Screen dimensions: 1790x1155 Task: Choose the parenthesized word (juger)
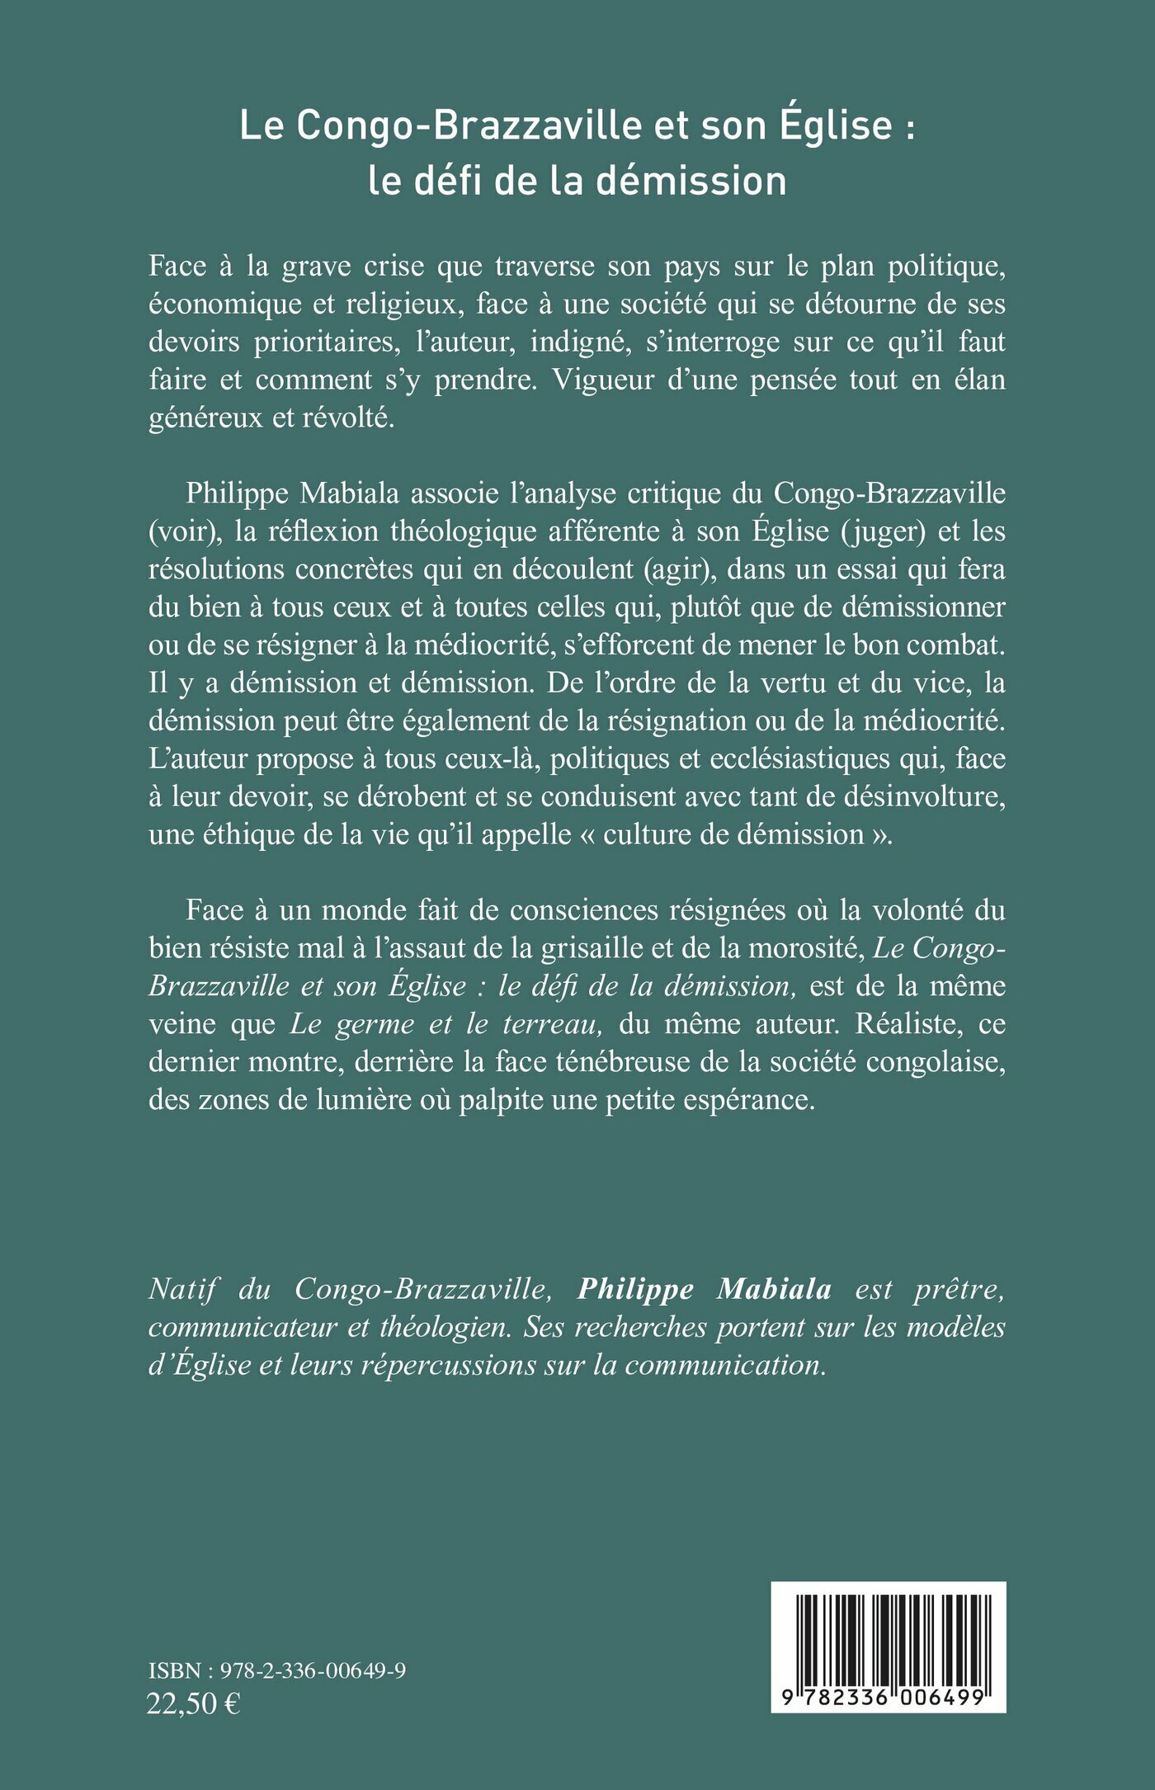(x=883, y=531)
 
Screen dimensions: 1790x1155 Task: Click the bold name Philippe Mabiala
(x=704, y=1289)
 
